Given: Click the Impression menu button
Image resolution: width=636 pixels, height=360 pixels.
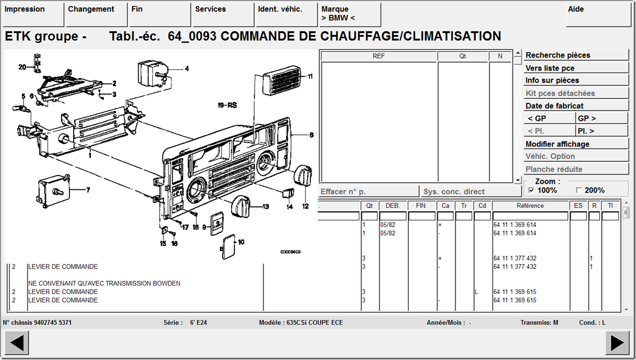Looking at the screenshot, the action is coord(33,15).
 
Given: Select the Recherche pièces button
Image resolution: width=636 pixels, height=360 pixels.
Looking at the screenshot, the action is coord(576,55).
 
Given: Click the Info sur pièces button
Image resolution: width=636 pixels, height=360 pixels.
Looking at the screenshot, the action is coord(576,80).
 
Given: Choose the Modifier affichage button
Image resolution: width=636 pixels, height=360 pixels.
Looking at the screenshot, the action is coord(576,144).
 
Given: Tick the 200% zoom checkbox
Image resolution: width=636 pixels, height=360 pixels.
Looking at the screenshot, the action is coord(579,190).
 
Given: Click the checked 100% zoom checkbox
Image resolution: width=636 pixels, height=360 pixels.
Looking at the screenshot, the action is coord(531,190).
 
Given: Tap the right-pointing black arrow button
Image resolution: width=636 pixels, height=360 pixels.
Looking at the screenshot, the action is coord(617,342).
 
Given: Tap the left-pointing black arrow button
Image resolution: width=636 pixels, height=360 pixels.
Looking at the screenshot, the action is coord(17,342).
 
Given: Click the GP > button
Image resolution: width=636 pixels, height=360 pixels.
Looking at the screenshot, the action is coord(602,118).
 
